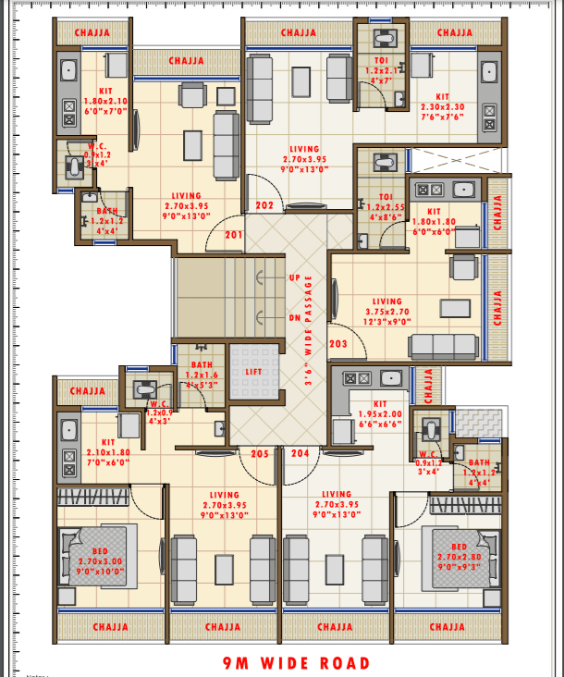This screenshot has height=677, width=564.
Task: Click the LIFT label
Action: [x=253, y=372]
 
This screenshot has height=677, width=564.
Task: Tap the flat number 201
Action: [x=233, y=235]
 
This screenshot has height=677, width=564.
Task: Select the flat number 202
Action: [x=264, y=205]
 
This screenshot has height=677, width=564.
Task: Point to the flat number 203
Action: [x=338, y=344]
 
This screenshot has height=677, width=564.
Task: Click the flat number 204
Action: [x=300, y=453]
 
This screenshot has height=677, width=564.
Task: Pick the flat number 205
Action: [x=261, y=453]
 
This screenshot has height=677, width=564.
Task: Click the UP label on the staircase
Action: [x=295, y=278]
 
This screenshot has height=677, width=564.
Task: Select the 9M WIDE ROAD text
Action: [x=296, y=663]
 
